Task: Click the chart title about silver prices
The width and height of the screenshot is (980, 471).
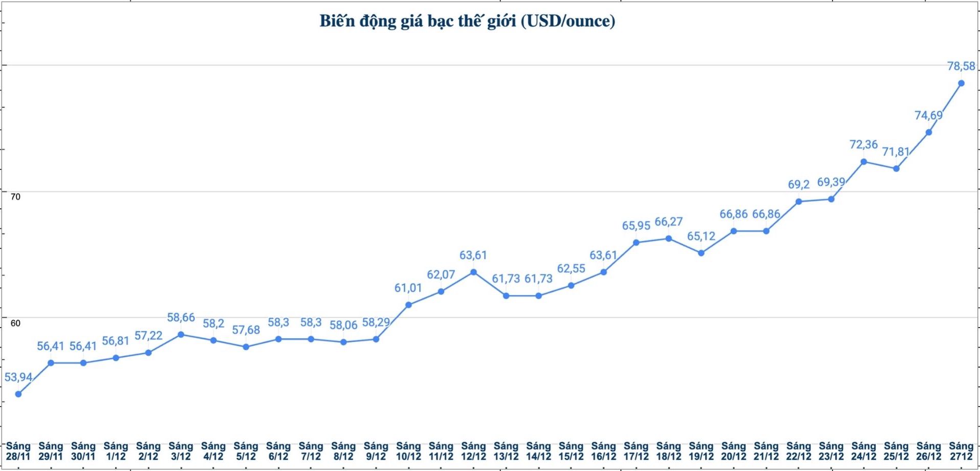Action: [467, 21]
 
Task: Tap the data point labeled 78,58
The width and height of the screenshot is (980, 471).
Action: [961, 83]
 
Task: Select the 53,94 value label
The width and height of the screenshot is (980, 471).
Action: [18, 377]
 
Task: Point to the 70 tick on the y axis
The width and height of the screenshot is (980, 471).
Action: [15, 197]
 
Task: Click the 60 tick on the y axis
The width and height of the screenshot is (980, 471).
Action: [15, 323]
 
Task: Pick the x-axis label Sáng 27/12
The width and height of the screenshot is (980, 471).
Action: [961, 451]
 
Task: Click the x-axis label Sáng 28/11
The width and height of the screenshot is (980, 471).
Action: [18, 451]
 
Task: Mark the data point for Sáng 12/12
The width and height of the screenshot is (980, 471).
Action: [473, 272]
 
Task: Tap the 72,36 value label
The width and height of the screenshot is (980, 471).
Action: [863, 144]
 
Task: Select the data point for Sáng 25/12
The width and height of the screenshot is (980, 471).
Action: [896, 168]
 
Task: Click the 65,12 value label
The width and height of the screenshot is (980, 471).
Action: [701, 236]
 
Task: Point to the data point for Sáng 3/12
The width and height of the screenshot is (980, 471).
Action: [181, 334]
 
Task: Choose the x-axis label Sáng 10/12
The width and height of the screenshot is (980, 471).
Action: [408, 451]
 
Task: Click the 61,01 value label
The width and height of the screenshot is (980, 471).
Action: [408, 288]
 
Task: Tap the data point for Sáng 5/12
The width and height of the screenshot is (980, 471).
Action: [246, 347]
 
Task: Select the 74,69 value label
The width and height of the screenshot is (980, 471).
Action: [928, 115]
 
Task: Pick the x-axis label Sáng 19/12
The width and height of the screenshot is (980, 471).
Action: [701, 451]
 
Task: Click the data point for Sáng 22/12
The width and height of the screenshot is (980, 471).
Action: [799, 201]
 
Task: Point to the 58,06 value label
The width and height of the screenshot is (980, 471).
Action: [343, 325]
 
